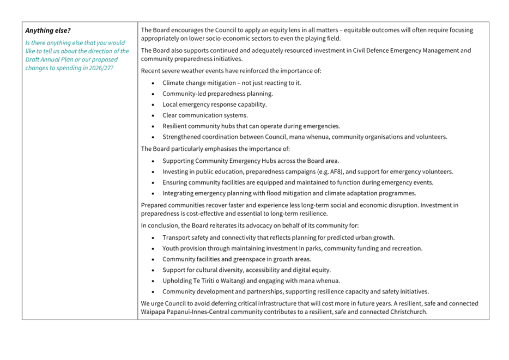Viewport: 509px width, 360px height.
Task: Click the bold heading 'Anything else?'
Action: [48, 30]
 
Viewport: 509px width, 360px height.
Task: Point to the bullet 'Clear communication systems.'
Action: [205, 115]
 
